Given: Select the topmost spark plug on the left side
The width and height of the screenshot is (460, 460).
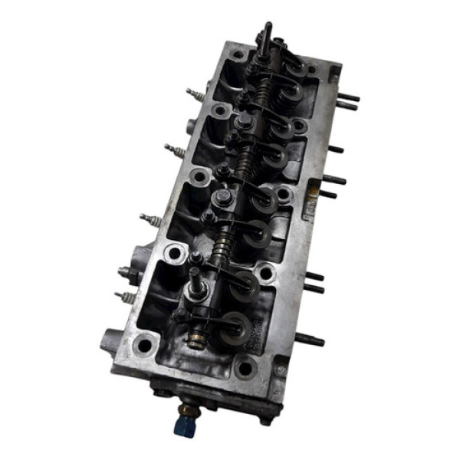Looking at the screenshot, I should (195, 97).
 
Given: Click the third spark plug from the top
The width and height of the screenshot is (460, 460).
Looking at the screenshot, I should (150, 220).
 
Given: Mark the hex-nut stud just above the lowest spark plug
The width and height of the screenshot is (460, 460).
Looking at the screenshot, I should (127, 271).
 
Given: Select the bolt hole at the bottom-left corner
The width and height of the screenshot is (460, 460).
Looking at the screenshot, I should (143, 346).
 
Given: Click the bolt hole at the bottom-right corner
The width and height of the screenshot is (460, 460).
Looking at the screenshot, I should (245, 369).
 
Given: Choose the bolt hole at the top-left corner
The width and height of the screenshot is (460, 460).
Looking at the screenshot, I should (238, 54).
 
